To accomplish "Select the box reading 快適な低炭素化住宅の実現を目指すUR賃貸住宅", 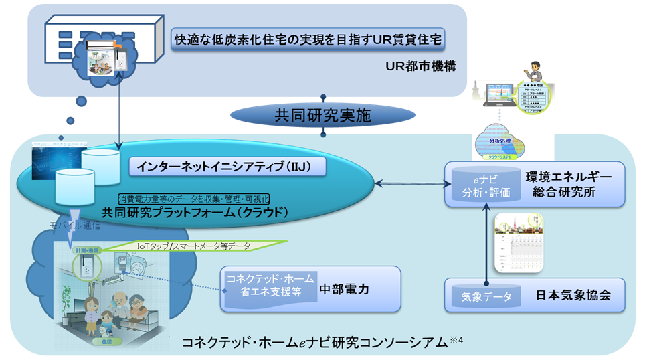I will [308, 39].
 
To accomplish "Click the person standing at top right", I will [535, 74].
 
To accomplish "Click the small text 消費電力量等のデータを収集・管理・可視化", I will [193, 199].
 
